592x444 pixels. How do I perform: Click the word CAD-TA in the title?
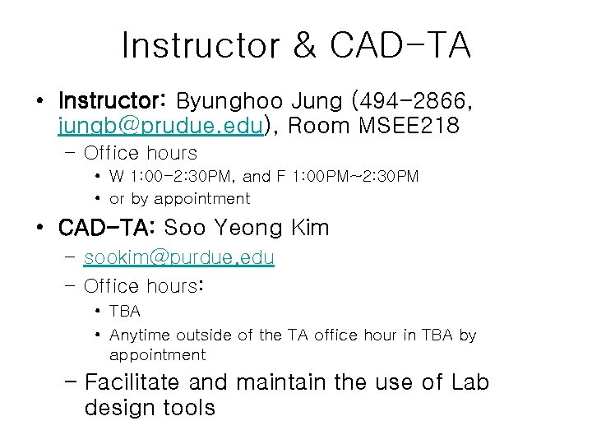click(x=400, y=46)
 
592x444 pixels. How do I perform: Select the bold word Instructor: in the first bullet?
click(x=113, y=102)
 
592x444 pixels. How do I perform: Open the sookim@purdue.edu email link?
click(x=179, y=257)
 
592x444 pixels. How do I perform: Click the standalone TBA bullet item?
click(x=125, y=312)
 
